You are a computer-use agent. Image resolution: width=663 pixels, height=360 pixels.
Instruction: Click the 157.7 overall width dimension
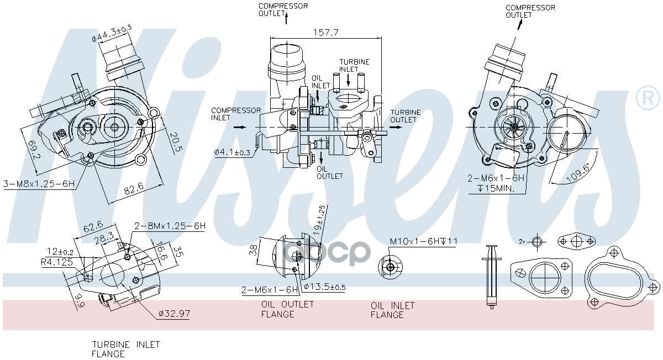(x=325, y=32)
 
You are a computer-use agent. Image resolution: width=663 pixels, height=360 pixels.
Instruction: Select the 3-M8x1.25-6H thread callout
(x=39, y=184)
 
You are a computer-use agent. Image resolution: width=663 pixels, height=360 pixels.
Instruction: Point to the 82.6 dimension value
(x=134, y=188)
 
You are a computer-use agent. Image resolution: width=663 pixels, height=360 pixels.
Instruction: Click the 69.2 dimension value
(x=34, y=150)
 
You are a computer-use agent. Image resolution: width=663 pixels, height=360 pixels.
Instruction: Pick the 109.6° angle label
(x=578, y=172)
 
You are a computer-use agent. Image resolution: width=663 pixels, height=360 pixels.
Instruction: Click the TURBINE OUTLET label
(x=405, y=116)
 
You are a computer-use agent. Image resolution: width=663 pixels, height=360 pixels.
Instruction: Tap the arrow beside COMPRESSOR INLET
(x=240, y=127)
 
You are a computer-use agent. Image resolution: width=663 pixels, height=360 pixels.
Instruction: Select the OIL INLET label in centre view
(x=320, y=82)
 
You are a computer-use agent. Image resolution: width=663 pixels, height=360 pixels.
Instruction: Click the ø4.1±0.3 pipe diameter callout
(x=233, y=152)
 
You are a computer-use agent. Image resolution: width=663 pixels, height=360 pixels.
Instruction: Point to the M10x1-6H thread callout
(x=424, y=241)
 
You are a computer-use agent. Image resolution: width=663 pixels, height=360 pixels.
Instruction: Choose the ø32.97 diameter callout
(x=174, y=313)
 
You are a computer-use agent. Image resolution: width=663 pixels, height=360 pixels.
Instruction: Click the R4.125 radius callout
(x=57, y=262)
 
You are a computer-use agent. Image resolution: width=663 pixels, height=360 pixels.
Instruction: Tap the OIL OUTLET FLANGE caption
(x=287, y=309)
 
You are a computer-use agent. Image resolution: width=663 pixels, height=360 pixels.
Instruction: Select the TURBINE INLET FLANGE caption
(x=126, y=349)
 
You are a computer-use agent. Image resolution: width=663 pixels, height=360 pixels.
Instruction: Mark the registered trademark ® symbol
(x=647, y=98)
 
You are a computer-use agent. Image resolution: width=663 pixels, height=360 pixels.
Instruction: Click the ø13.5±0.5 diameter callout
(x=325, y=287)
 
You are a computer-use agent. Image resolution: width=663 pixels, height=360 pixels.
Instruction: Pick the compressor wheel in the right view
(x=513, y=127)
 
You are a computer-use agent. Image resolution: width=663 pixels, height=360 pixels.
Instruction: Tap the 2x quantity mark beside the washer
(x=522, y=241)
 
